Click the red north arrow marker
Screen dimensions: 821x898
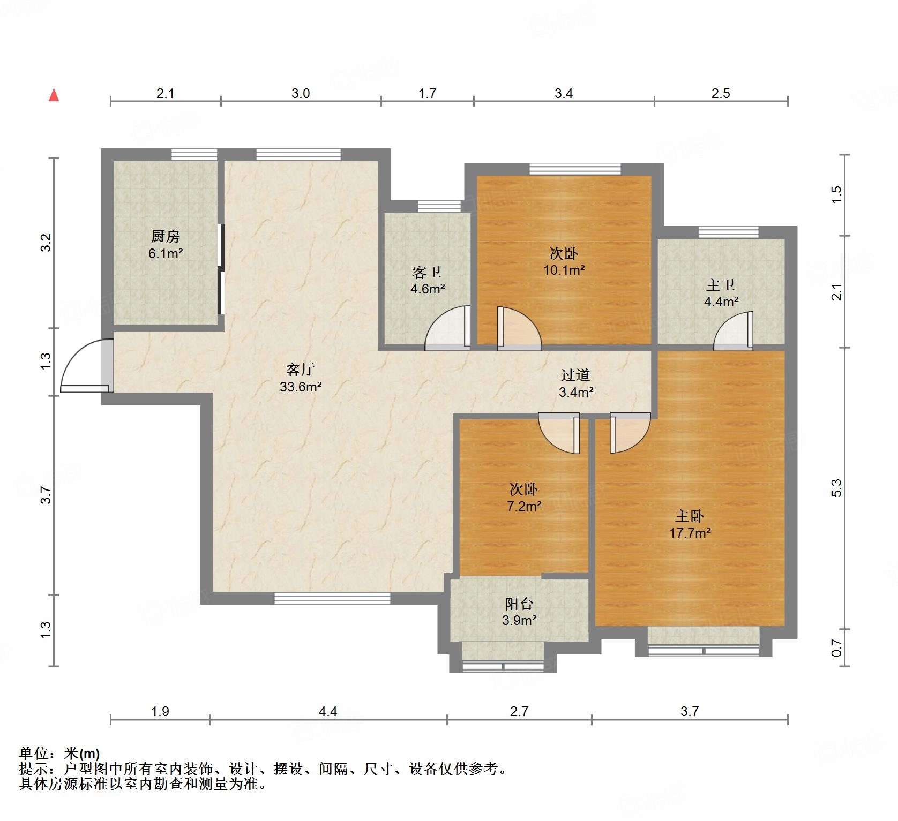pos(54,95)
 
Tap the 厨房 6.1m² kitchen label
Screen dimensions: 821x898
pos(166,245)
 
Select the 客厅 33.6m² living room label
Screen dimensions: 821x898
pos(300,378)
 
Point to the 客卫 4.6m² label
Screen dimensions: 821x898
pos(427,281)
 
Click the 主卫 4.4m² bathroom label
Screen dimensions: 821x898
pos(721,293)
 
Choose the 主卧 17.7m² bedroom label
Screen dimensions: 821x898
pos(690,524)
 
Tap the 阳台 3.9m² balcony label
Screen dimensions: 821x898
pos(519,612)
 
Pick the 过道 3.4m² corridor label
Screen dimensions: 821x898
pos(576,383)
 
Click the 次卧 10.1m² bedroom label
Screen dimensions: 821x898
pos(564,261)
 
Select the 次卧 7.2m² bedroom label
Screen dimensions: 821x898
pos(523,497)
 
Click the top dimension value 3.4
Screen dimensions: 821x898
pos(564,94)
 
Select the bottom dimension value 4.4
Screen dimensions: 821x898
pos(328,711)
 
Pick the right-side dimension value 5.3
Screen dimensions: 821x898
pos(837,488)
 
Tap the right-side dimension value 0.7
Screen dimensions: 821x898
pos(837,649)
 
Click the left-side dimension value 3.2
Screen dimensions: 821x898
pos(47,243)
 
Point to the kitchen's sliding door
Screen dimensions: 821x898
pos(220,269)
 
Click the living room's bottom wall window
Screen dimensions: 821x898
pos(332,598)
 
